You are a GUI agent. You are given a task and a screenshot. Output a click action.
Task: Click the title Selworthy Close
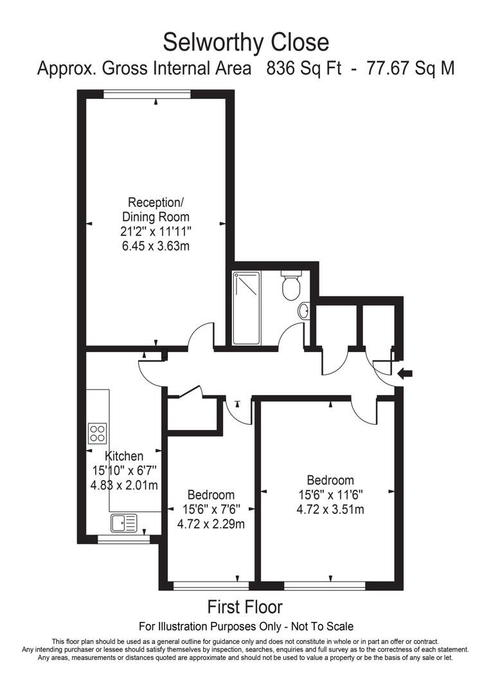coord(245,42)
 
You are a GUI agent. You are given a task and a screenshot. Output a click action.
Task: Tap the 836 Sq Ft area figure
coord(304,69)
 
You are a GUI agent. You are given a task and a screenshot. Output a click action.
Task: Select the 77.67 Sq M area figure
coord(410,69)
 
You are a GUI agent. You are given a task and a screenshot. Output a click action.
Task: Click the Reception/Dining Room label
coord(156,209)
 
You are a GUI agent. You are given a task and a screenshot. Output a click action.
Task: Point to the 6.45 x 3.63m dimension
coord(156,245)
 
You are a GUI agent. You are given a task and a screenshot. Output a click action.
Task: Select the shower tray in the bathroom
coord(246,308)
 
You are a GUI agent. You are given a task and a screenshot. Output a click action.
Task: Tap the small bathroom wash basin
coord(305,311)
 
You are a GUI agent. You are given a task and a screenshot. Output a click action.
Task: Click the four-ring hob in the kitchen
coord(98,432)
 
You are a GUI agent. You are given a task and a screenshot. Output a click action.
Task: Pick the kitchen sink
coord(125,523)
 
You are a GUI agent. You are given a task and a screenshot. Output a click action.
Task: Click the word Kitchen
coord(125,456)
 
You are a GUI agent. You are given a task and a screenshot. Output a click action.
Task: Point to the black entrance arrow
coord(405,373)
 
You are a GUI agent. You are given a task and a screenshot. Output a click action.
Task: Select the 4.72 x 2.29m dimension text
coord(211,523)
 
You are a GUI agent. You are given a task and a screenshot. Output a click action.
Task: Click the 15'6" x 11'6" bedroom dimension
coord(330,495)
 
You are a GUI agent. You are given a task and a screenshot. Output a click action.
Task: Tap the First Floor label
coord(245,607)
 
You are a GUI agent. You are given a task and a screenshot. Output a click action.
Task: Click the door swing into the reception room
coord(201,336)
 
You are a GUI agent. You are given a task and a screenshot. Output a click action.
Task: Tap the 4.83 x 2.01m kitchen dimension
coord(125,485)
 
